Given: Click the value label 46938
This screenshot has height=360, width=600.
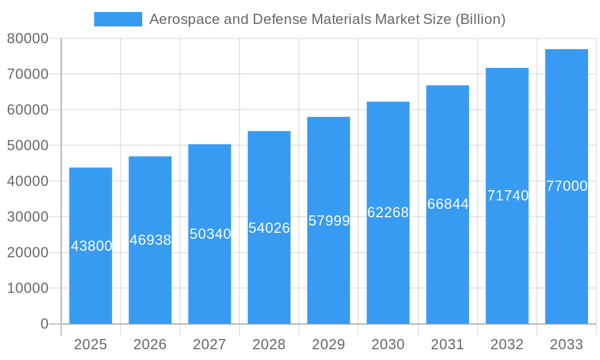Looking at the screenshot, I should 150,240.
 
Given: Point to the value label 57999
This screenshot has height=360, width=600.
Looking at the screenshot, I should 329,221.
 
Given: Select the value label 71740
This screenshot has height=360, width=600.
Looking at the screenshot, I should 508,196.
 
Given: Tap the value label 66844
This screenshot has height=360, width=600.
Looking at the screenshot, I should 448,204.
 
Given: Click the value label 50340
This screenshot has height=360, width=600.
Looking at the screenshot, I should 210,234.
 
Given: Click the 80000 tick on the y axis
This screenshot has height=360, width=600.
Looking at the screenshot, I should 28,38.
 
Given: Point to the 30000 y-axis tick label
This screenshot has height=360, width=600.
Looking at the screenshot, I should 28,217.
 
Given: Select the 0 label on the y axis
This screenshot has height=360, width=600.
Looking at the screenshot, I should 44,324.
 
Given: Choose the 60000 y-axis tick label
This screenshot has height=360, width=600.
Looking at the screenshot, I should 28,110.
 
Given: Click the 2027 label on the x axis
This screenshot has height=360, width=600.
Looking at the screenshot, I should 209,344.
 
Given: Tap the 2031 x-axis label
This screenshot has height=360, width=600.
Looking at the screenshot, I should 448,344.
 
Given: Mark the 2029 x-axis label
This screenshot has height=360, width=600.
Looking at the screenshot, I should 329,344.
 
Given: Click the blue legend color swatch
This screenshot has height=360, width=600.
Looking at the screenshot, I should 118,19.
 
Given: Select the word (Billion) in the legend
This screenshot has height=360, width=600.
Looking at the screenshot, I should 481,19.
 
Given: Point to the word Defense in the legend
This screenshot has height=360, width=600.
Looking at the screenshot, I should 277,19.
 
